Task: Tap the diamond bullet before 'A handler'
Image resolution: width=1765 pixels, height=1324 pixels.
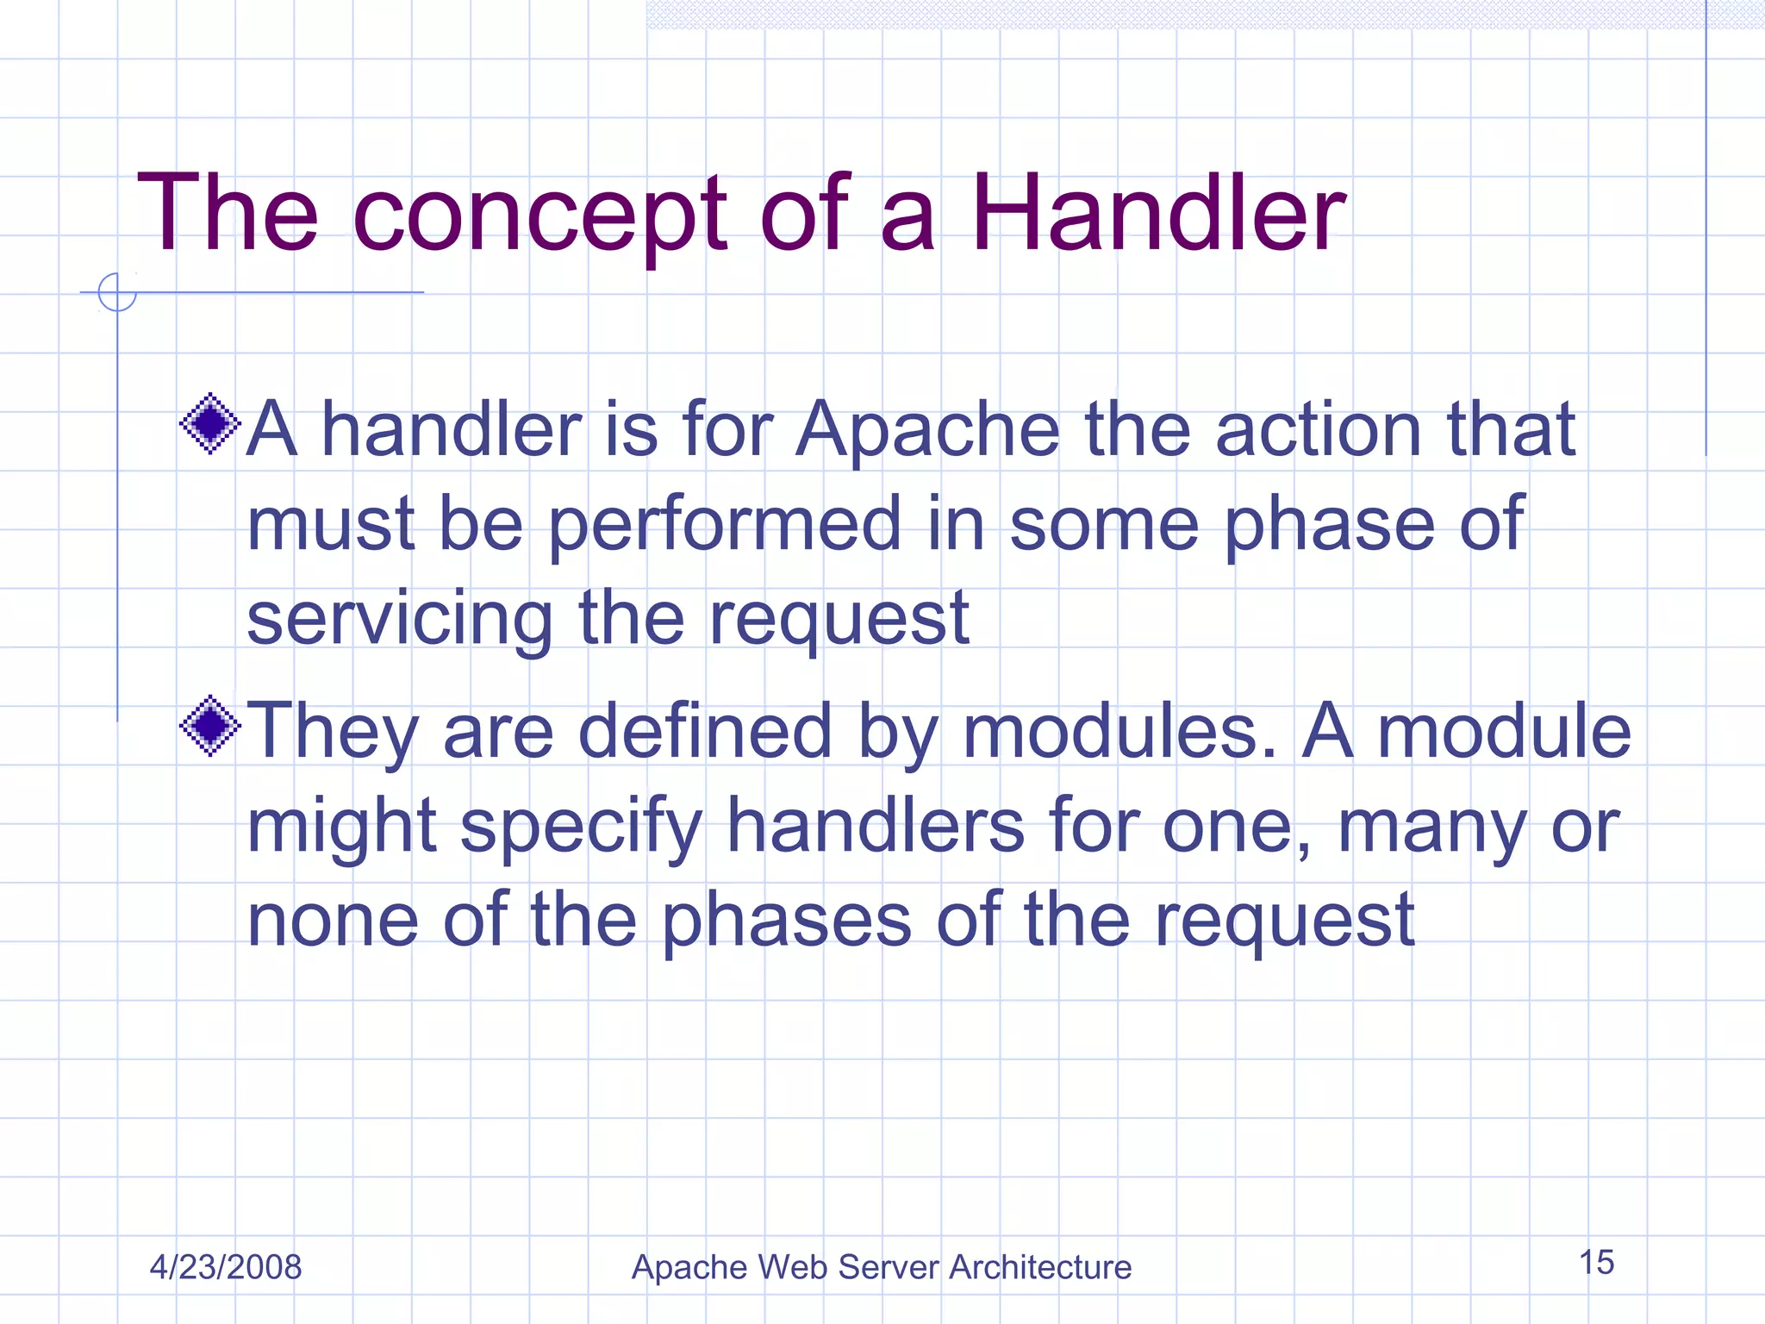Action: (209, 423)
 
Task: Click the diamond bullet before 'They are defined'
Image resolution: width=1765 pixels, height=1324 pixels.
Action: (209, 726)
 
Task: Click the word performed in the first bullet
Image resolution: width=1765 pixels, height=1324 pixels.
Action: (725, 526)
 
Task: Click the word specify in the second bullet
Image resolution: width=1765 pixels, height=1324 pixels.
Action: (582, 827)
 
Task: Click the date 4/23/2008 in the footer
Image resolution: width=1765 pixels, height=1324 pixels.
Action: (226, 1267)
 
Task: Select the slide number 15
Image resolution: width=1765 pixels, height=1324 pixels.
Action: (1596, 1263)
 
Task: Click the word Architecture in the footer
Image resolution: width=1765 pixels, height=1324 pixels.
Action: (1040, 1267)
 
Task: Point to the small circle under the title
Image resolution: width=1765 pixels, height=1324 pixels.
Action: (117, 292)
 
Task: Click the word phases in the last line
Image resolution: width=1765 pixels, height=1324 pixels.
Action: (786, 921)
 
